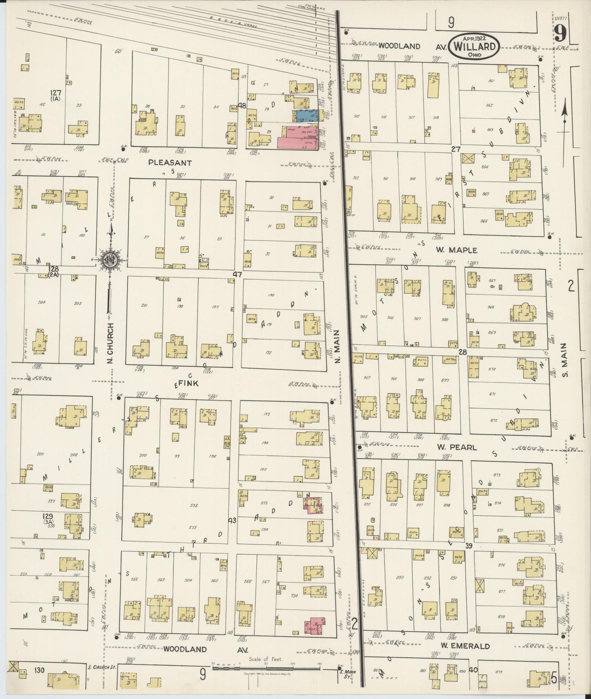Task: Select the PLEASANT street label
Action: [170, 162]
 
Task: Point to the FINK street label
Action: [188, 383]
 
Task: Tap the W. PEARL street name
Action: [457, 447]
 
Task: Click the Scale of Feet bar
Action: [266, 669]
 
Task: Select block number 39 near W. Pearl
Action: [469, 545]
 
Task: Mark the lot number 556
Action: [193, 505]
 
